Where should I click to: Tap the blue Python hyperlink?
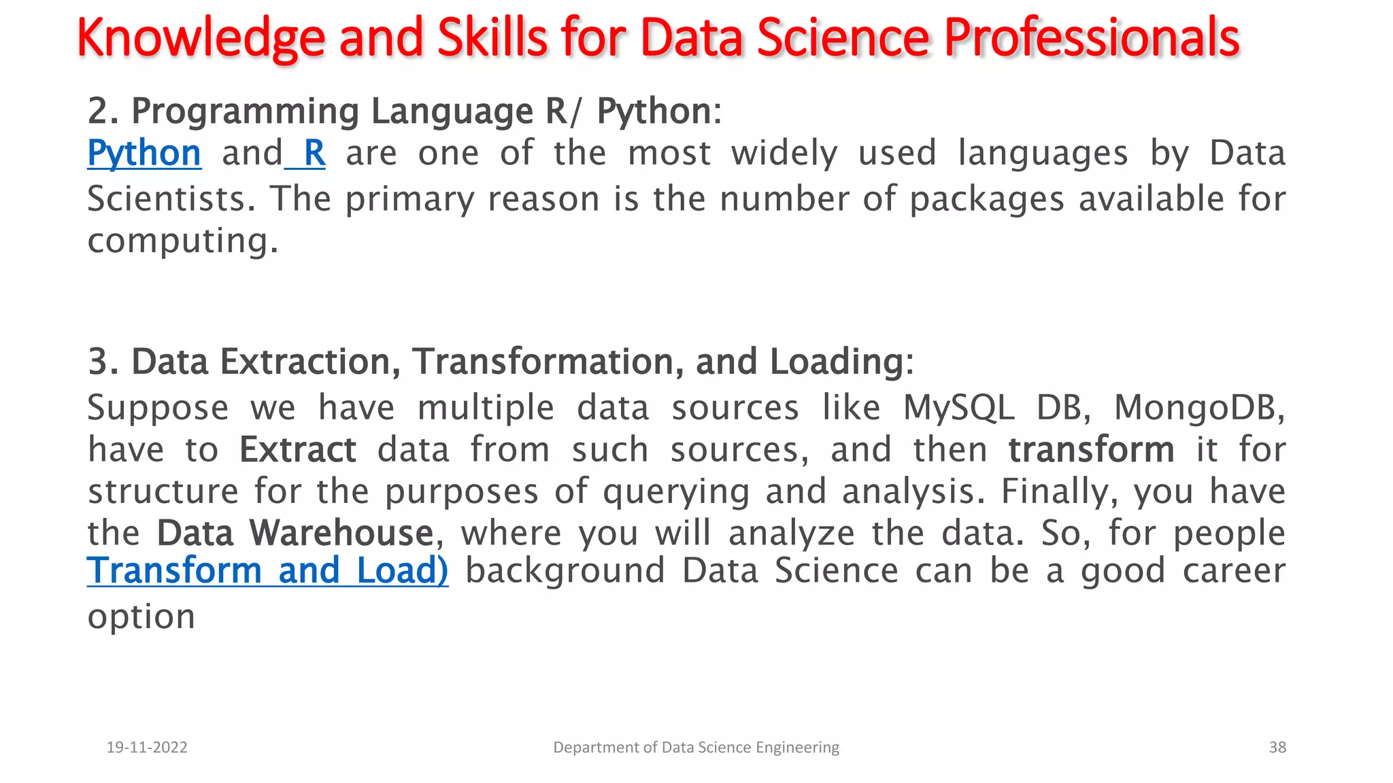(144, 154)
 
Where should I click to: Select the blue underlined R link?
(314, 154)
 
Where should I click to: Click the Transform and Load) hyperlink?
(267, 570)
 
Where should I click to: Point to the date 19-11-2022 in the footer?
(147, 747)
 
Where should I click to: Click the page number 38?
(1277, 747)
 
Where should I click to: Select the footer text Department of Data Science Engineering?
(696, 747)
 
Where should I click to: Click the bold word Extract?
(297, 450)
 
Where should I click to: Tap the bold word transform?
(1091, 450)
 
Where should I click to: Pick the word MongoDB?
(1198, 408)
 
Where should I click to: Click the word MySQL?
(958, 408)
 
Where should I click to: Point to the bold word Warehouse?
(341, 533)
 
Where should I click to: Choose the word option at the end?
(141, 616)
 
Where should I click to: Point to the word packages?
(986, 199)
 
